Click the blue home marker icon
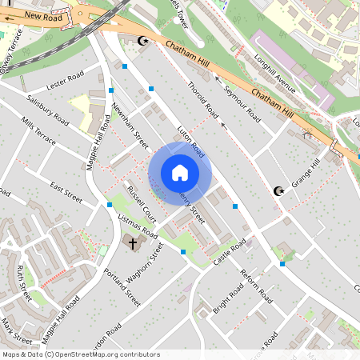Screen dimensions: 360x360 coord(180,172)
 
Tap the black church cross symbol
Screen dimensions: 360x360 coord(133,241)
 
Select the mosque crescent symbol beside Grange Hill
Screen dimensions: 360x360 coord(278,190)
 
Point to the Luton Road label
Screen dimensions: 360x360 coord(191,143)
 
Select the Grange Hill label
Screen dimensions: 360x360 coord(305,173)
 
